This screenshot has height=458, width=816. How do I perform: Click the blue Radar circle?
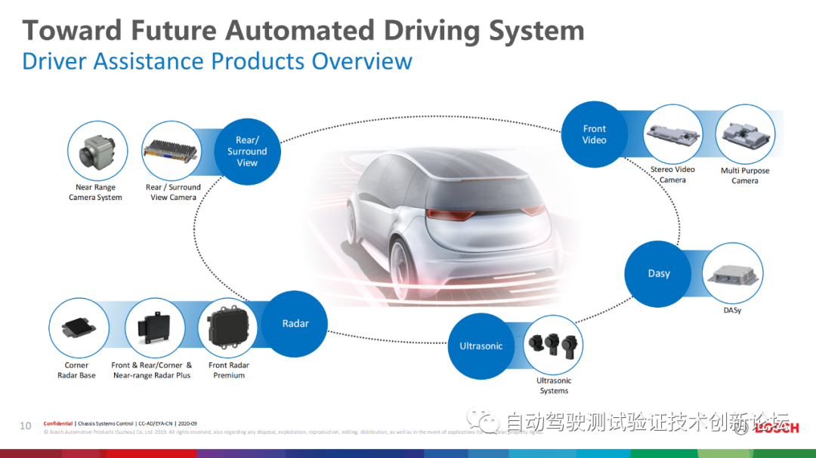point(295,324)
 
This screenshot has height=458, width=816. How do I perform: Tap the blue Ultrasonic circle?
point(481,346)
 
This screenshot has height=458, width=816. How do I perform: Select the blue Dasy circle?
point(659,274)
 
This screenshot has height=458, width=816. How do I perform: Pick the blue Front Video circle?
point(595,134)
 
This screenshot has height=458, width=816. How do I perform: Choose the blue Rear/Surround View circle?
point(247,152)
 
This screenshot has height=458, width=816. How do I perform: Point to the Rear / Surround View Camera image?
point(173,152)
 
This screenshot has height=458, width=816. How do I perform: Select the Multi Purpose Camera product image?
point(744,136)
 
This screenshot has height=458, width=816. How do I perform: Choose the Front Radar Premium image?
point(229,330)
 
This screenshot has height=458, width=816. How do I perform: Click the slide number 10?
point(26,426)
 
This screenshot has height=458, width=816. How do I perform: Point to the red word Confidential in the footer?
point(58,424)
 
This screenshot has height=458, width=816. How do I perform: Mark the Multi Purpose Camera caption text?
point(744,176)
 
